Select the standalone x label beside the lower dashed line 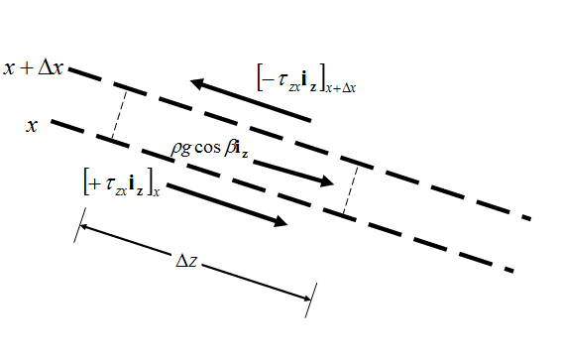pyautogui.click(x=33, y=126)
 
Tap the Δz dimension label pyautogui.click(x=188, y=262)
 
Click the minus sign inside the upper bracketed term pyautogui.click(x=268, y=79)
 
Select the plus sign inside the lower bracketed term pyautogui.click(x=96, y=182)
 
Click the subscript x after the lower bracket pyautogui.click(x=157, y=191)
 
